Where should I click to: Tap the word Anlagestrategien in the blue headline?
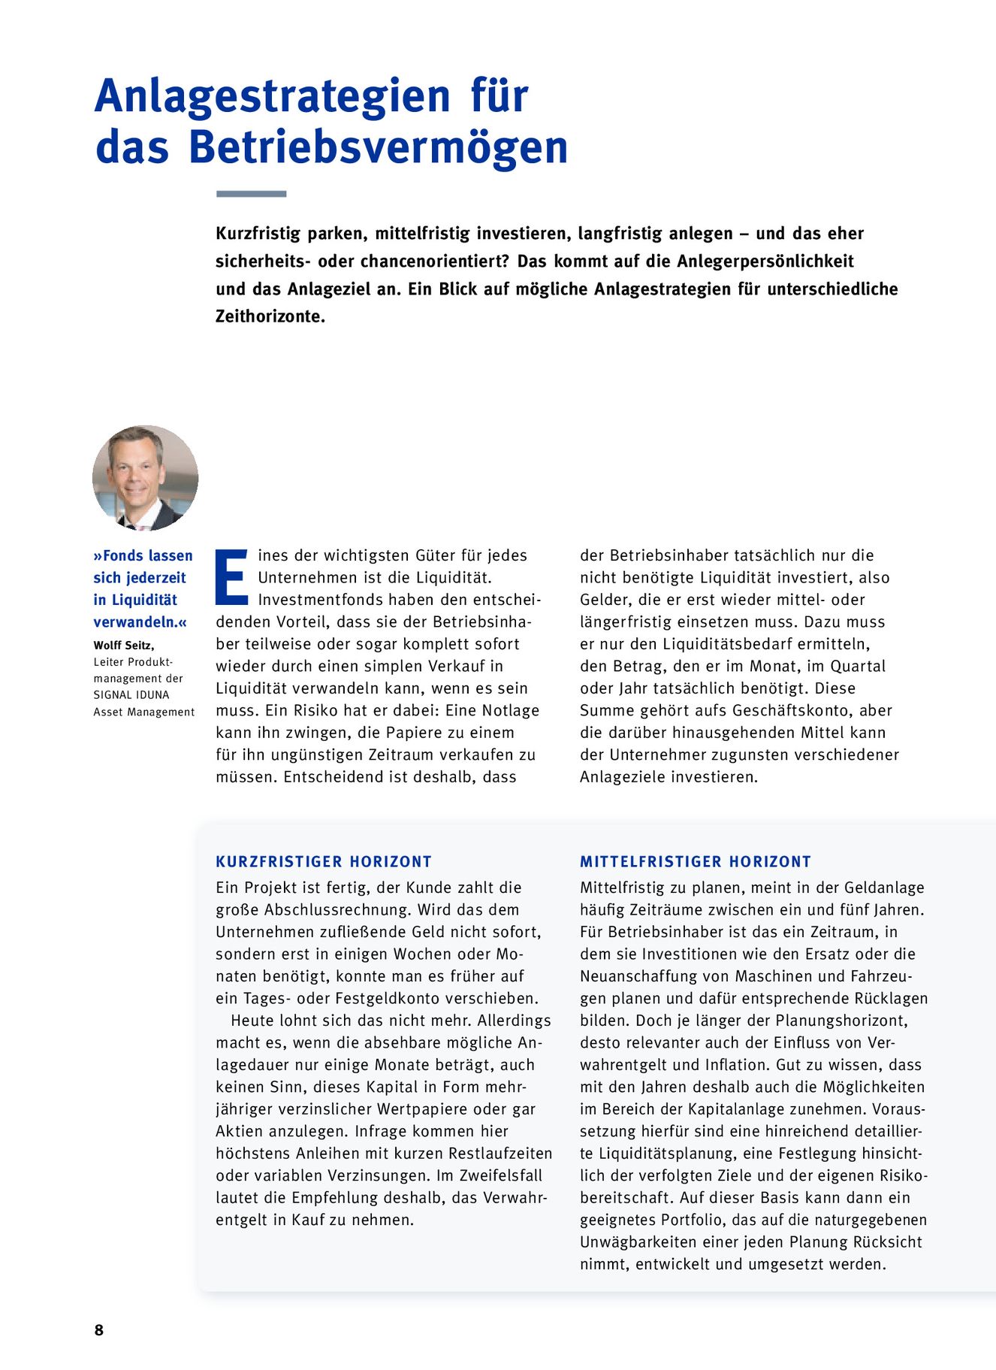click(x=272, y=96)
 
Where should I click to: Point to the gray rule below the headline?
click(x=251, y=194)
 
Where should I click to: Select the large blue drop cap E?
click(x=231, y=577)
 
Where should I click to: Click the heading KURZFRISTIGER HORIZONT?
click(x=324, y=862)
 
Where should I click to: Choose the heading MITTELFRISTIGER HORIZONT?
click(x=696, y=862)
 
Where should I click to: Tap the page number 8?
click(x=98, y=1329)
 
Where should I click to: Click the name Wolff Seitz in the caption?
click(x=122, y=645)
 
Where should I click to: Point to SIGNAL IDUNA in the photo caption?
click(x=131, y=695)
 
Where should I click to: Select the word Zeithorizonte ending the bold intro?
click(x=270, y=316)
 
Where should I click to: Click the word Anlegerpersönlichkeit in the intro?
click(x=765, y=262)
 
